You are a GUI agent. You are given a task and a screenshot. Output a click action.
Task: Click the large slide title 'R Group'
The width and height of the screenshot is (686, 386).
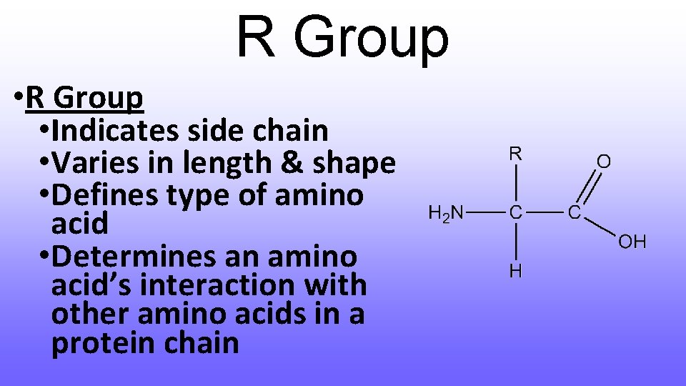pyautogui.click(x=342, y=37)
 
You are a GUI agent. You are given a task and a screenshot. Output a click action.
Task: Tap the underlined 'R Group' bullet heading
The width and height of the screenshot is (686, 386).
pyautogui.click(x=84, y=99)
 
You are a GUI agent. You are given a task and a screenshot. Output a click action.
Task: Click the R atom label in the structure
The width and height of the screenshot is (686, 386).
pyautogui.click(x=515, y=153)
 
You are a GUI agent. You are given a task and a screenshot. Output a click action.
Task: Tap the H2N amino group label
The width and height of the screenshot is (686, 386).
pyautogui.click(x=446, y=212)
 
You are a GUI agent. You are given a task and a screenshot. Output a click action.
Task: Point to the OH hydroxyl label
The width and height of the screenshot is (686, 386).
pyautogui.click(x=632, y=242)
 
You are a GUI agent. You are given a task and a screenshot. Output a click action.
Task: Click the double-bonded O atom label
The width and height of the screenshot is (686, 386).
pyautogui.click(x=604, y=162)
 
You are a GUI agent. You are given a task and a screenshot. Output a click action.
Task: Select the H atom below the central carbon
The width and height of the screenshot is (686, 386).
pyautogui.click(x=515, y=270)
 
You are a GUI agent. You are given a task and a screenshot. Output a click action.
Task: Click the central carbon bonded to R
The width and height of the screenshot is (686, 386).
pyautogui.click(x=515, y=212)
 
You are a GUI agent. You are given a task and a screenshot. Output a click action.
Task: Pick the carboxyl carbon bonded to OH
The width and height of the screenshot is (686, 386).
pyautogui.click(x=574, y=212)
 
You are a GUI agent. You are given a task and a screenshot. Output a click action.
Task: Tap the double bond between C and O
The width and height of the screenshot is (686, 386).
pyautogui.click(x=588, y=188)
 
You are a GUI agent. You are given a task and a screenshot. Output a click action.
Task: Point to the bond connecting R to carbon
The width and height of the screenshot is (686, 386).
pyautogui.click(x=515, y=182)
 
